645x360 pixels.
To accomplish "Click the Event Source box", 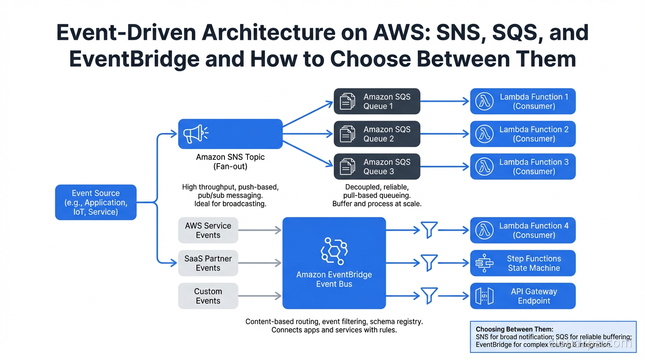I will [96, 202].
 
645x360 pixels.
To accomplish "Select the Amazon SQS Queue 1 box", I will [377, 101].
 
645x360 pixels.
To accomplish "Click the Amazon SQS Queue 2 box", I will [377, 134].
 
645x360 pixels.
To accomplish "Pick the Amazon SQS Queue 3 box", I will [377, 166].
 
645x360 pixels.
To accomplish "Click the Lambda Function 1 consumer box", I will [523, 101].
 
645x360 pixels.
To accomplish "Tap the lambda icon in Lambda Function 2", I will [484, 134].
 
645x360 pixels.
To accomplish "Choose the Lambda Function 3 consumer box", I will [523, 166].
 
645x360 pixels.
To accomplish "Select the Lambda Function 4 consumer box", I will [523, 230].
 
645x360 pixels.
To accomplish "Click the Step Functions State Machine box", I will [523, 263].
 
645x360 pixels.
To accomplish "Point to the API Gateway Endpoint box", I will [523, 296].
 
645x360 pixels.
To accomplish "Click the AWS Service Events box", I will [208, 230].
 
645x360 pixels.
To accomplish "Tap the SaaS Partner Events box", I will [208, 263].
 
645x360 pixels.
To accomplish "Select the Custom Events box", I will [208, 296].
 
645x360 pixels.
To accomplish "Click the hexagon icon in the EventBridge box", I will [334, 251].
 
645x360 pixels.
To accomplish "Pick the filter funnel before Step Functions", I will [429, 263].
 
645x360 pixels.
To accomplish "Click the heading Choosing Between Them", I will [514, 330].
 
